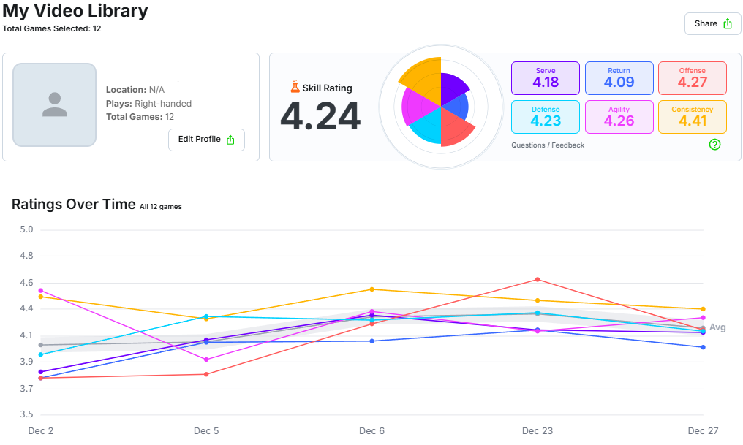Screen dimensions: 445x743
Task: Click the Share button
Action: point(712,23)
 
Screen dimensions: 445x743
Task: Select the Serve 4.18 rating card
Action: point(546,77)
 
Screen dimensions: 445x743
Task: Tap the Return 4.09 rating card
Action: point(619,77)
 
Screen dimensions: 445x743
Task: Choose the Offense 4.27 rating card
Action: point(692,77)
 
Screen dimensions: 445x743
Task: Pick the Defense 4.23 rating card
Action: point(546,117)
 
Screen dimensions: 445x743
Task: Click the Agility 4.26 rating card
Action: point(619,117)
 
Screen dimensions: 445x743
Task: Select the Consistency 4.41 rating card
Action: point(692,117)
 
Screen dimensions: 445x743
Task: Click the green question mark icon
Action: point(715,145)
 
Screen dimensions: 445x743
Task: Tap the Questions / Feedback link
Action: point(548,145)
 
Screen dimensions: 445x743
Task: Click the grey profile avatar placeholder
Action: point(55,104)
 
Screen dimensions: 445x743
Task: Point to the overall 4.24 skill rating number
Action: point(320,116)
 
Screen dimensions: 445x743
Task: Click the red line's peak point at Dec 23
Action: point(538,279)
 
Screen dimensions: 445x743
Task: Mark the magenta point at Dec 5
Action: point(206,360)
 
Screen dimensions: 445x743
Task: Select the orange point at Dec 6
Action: point(372,289)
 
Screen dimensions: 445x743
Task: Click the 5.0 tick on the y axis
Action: point(26,229)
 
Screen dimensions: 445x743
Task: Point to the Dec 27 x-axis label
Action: point(703,431)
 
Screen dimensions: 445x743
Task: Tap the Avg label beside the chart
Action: point(717,327)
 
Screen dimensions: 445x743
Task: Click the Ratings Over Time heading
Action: point(73,205)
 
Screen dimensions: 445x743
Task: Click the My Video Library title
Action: point(75,11)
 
